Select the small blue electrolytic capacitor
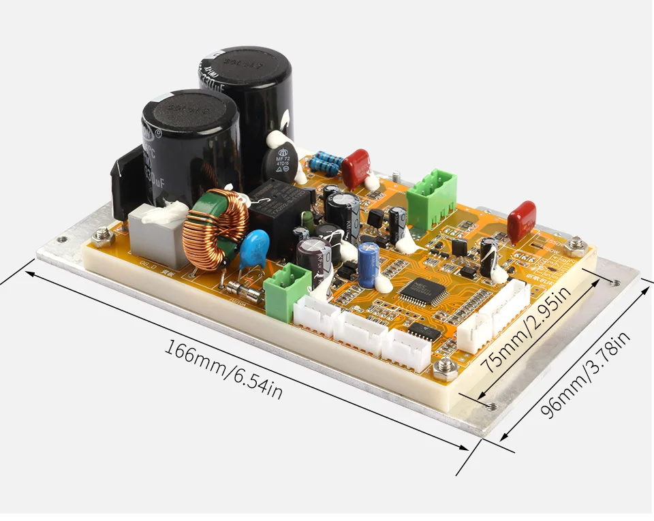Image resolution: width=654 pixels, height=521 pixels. point(368,264)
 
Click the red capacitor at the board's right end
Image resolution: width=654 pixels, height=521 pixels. point(521,221)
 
